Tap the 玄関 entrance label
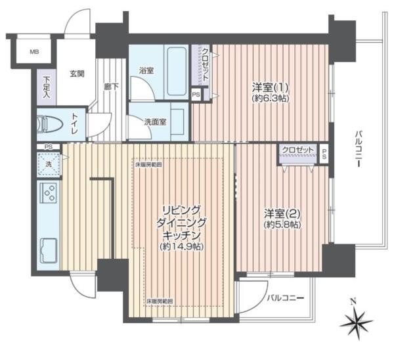click(x=77, y=74)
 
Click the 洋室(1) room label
click(x=270, y=87)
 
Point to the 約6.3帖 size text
click(x=270, y=99)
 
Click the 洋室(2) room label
click(x=282, y=213)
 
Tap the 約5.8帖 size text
click(x=282, y=224)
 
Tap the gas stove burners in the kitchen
click(x=48, y=193)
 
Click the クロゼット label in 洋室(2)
click(x=297, y=150)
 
